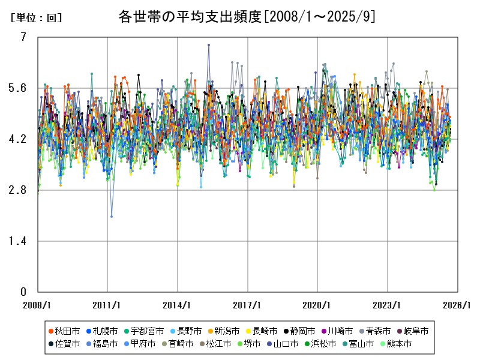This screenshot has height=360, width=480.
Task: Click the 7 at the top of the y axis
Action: [23, 37]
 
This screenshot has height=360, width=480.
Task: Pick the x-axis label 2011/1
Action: [107, 305]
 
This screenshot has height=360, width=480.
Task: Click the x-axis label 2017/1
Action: [248, 305]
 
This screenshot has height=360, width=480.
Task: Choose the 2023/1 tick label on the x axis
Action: [388, 305]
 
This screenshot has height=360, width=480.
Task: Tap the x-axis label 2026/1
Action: [458, 305]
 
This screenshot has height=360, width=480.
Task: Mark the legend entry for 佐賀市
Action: [64, 344]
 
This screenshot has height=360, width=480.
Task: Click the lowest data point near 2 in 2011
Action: [112, 217]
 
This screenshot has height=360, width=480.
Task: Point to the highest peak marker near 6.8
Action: [209, 45]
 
